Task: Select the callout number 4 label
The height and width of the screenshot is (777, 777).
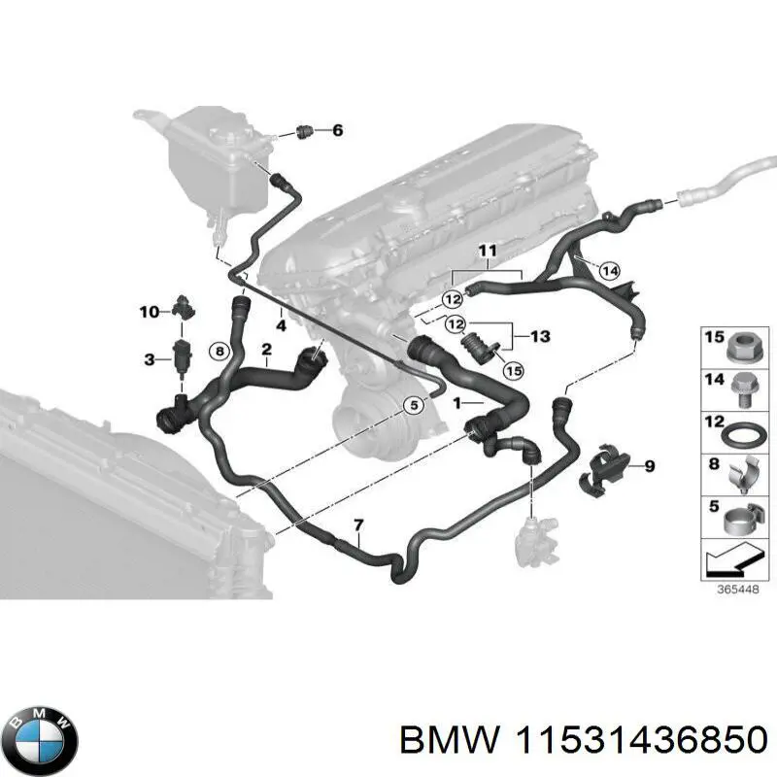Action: click(280, 326)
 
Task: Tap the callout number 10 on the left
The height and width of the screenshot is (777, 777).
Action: click(149, 312)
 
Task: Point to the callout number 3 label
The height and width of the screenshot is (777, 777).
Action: click(149, 360)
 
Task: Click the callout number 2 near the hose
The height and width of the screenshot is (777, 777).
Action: click(266, 349)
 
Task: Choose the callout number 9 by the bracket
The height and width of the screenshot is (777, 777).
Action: click(649, 467)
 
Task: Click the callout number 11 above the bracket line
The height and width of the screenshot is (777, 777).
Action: click(486, 253)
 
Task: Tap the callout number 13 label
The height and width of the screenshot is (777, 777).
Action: click(539, 337)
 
